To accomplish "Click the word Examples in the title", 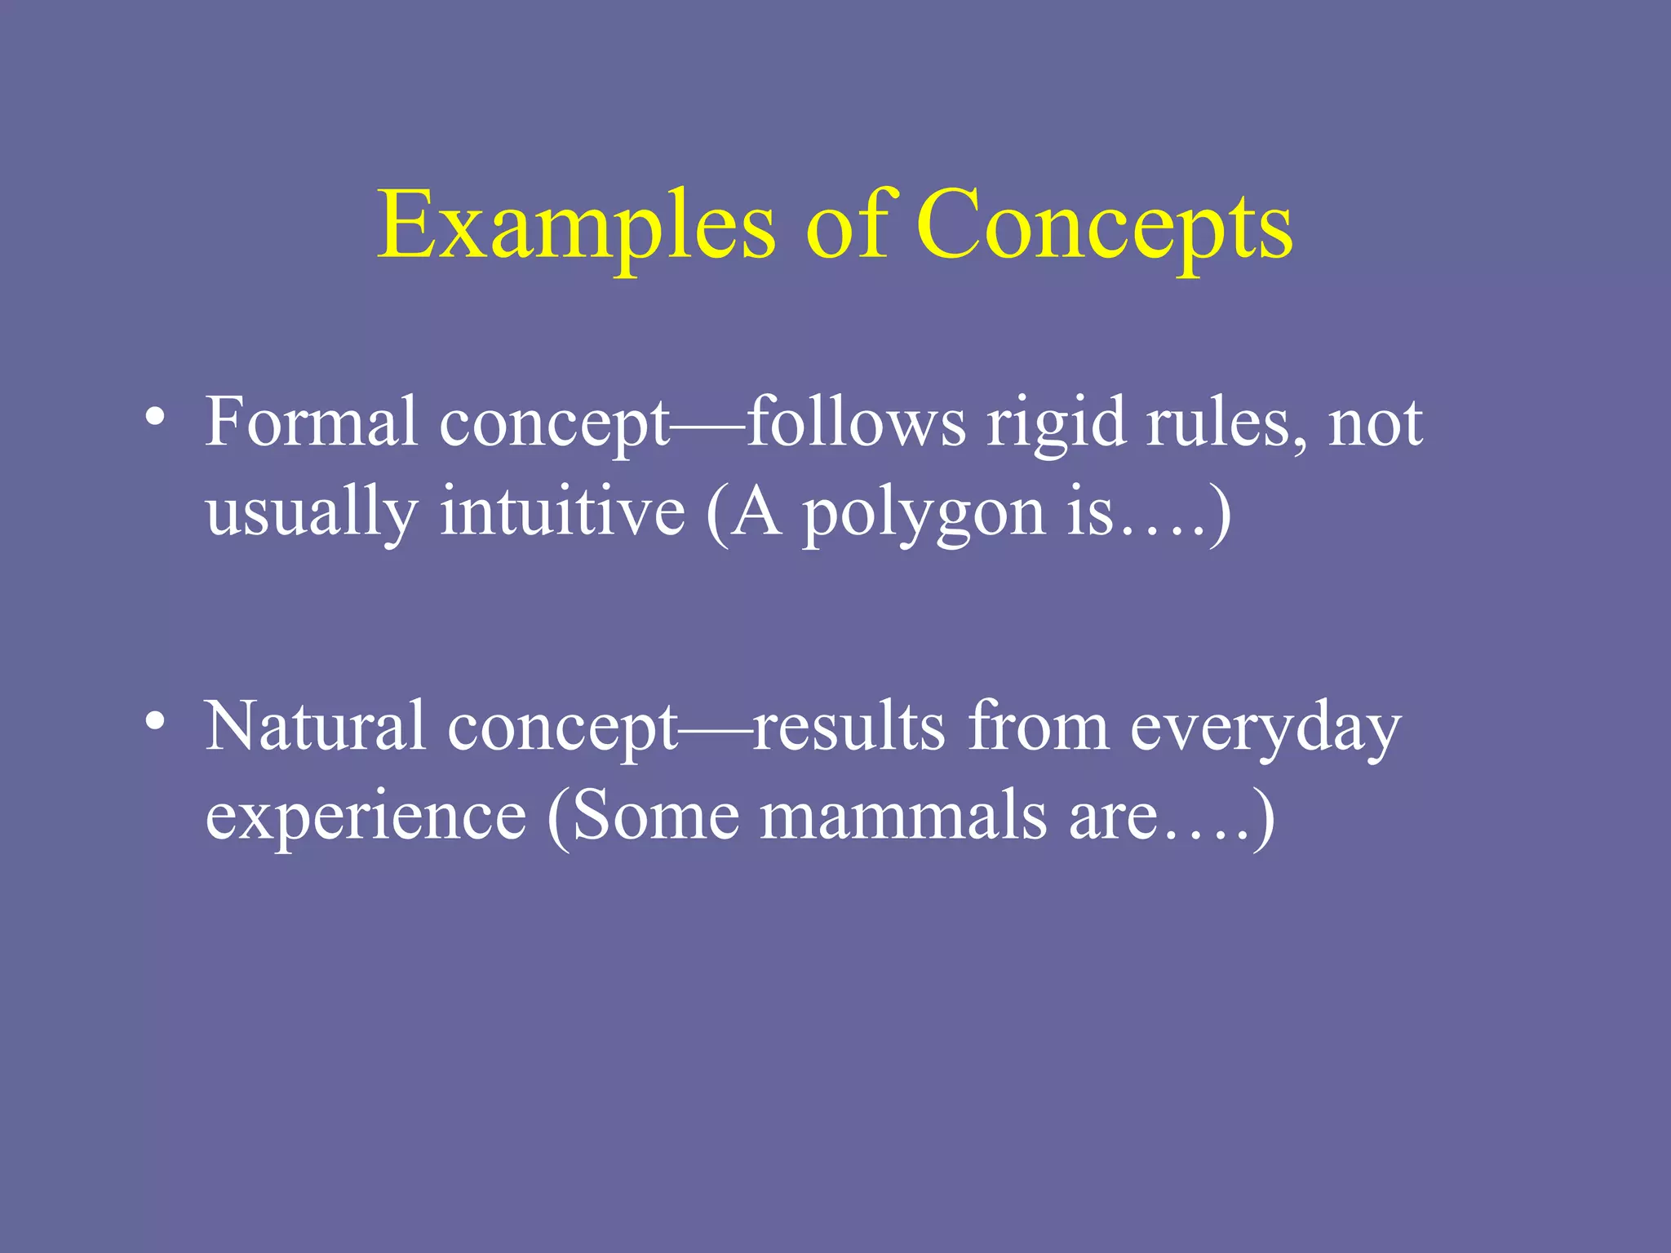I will coord(576,224).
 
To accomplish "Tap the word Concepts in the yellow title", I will coord(1104,224).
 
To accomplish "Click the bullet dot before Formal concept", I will coord(155,418).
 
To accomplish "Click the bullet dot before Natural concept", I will coord(155,721).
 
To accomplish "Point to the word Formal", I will coord(311,423).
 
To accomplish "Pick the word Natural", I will coord(315,726).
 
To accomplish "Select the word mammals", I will coord(903,816).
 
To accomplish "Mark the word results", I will coord(849,726).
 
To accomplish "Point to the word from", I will coord(1038,726).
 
